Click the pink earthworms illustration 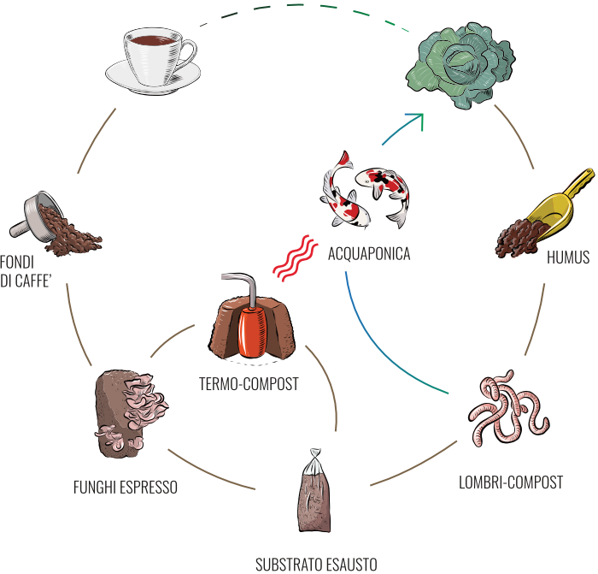tap(509, 405)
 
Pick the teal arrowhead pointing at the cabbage tap(418, 119)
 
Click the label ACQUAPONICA tap(370, 254)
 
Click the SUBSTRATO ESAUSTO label tap(316, 565)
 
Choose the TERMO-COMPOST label tap(249, 384)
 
